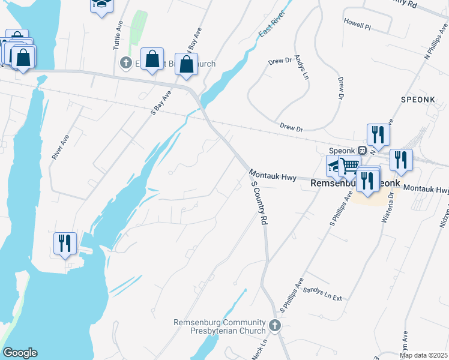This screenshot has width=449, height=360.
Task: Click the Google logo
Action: coord(19,353)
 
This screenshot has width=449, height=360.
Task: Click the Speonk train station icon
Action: coord(363,150)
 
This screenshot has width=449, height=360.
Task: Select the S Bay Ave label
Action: coord(161,102)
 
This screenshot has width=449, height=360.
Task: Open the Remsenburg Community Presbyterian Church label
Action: coord(220,326)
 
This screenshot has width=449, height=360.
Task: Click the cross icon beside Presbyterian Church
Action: coord(275,326)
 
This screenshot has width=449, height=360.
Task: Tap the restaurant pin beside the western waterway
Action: coord(65,243)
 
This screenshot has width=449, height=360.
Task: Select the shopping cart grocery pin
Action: coord(349,164)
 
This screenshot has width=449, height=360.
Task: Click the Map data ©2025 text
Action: coord(423,355)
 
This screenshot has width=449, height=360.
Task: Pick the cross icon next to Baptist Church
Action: coord(126,62)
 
